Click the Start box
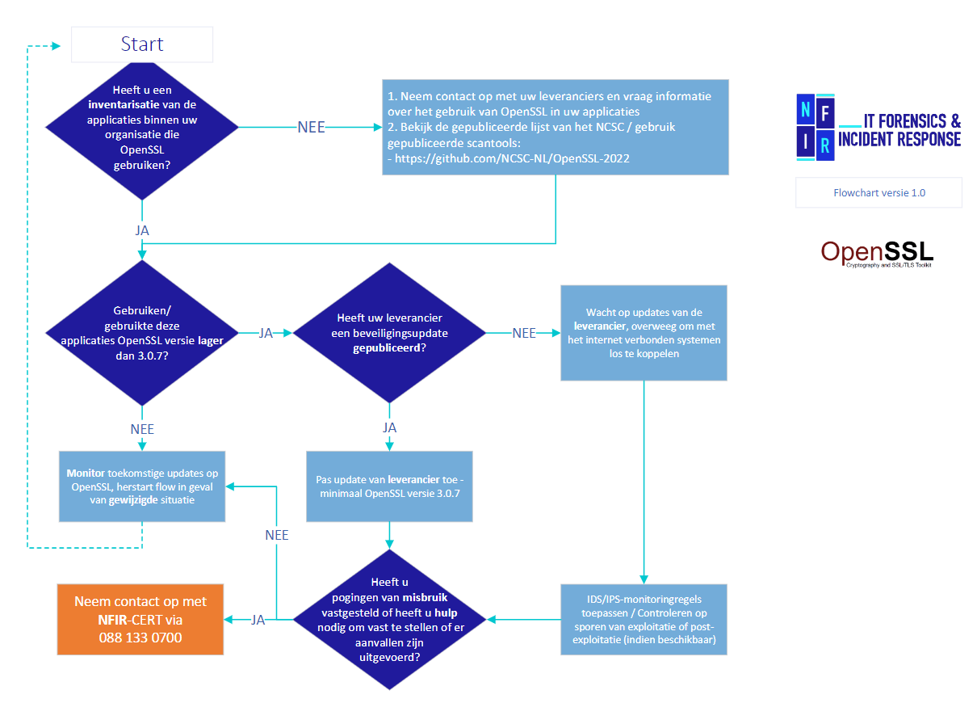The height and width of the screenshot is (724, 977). [142, 44]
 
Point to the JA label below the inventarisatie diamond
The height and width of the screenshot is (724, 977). [142, 230]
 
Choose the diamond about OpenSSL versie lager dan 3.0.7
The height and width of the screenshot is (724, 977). [142, 333]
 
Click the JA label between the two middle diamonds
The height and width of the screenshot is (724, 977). [265, 333]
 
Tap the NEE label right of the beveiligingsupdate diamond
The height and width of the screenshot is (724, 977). [523, 333]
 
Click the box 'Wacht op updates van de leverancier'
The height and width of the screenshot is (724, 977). [644, 333]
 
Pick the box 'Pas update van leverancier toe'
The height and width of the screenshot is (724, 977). [389, 486]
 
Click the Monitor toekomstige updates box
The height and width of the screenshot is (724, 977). [142, 486]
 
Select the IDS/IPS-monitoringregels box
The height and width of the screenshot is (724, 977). [644, 619]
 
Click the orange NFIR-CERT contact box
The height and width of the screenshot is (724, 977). [140, 619]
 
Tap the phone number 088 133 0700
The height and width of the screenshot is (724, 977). [140, 638]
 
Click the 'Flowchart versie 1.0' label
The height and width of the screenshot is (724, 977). [878, 193]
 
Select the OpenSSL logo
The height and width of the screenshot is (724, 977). [876, 253]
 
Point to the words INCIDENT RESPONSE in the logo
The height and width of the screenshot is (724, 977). [899, 139]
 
